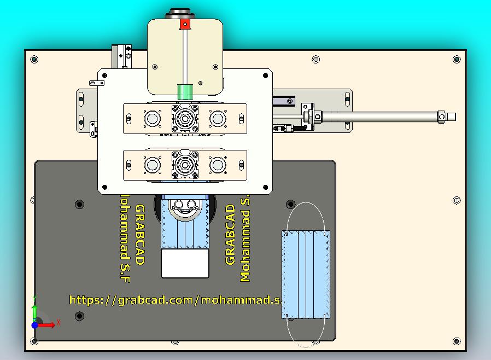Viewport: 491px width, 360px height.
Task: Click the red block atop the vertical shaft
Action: (x=185, y=24)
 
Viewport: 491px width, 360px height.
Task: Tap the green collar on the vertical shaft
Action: (x=185, y=91)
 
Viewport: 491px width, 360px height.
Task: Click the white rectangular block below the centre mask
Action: (x=185, y=263)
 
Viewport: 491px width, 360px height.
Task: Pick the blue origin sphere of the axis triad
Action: (x=35, y=325)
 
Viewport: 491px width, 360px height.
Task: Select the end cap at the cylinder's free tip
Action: (x=449, y=116)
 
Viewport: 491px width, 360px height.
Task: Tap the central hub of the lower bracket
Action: (x=185, y=164)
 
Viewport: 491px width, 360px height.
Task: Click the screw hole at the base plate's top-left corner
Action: (x=34, y=59)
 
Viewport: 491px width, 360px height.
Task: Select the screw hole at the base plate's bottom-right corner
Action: (x=457, y=342)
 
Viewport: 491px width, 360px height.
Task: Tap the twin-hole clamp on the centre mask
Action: (x=185, y=206)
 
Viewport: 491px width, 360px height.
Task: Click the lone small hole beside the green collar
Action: (x=200, y=84)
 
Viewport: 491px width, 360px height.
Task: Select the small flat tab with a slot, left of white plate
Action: (x=97, y=83)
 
